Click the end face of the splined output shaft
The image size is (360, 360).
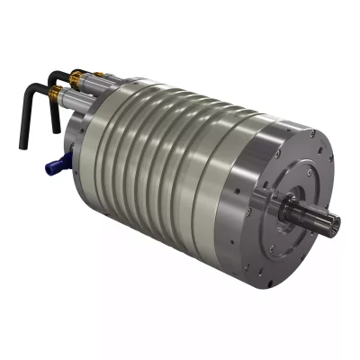333,223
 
